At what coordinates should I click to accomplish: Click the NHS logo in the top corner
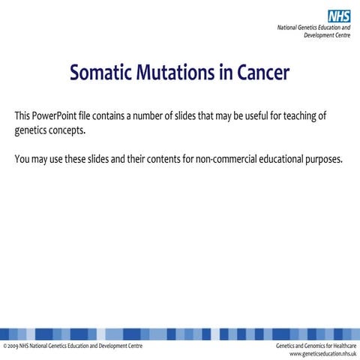click(339, 15)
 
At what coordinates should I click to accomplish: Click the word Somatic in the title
click(103, 74)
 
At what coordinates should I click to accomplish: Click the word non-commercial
click(227, 160)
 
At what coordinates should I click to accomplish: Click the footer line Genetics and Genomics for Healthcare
click(316, 346)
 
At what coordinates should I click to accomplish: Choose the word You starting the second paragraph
click(22, 160)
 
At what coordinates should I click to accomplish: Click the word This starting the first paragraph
click(23, 117)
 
